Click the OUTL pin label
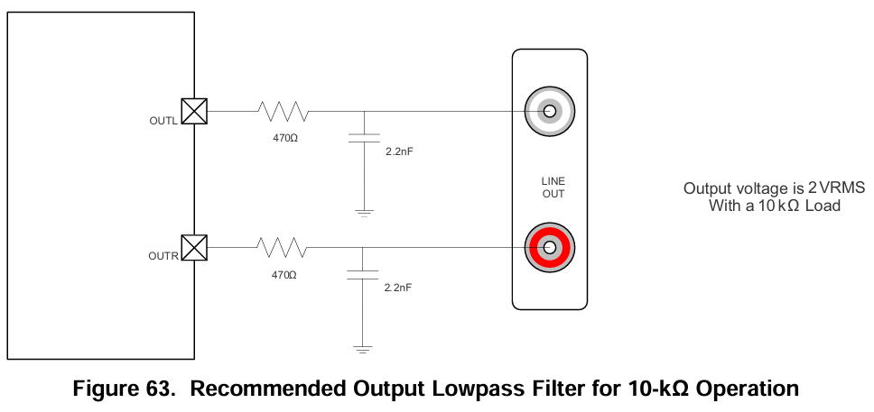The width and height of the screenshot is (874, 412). (x=164, y=120)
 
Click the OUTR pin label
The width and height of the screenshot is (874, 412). (x=164, y=256)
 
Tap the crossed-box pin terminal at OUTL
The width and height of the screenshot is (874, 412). (x=194, y=111)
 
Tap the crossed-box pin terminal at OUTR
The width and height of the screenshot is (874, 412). (x=194, y=247)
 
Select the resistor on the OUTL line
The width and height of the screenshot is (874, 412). (x=283, y=111)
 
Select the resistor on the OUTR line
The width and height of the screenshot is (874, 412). (x=283, y=247)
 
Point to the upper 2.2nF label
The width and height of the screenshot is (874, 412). (x=398, y=151)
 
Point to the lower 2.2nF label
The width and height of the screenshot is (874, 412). (x=398, y=287)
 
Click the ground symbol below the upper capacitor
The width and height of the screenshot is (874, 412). (x=363, y=213)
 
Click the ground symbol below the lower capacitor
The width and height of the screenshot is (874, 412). (x=363, y=348)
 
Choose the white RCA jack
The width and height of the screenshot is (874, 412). (x=549, y=111)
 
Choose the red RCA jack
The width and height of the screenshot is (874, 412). (x=549, y=246)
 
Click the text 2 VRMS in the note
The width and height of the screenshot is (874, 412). (x=836, y=188)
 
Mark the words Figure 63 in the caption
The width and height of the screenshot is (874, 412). (x=123, y=389)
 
